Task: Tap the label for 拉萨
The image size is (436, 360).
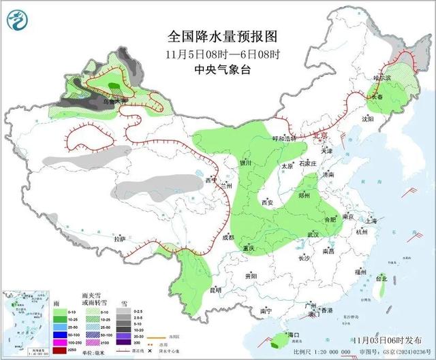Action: (121, 239)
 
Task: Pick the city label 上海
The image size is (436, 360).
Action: (371, 221)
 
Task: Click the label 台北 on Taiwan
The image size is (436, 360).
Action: (381, 278)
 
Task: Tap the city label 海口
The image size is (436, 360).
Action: (294, 336)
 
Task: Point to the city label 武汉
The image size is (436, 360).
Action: (314, 235)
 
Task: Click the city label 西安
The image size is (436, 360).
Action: (268, 203)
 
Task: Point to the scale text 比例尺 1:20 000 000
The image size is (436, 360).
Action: (326, 351)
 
